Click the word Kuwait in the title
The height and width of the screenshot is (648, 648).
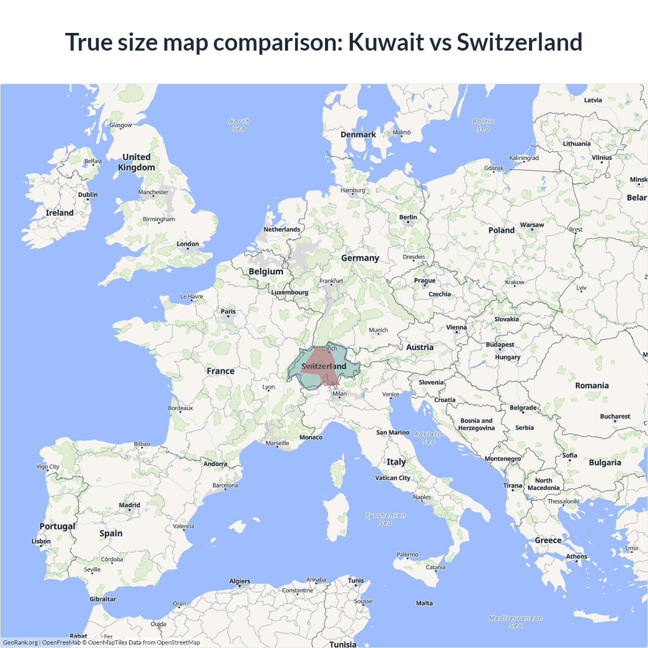(386, 42)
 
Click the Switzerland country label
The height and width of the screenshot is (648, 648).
(324, 366)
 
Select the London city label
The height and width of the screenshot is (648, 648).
(188, 244)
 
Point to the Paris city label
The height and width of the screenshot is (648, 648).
(228, 311)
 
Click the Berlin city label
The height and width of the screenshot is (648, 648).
(408, 217)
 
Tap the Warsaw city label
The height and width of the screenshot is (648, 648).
(532, 225)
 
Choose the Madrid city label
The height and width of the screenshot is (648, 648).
(130, 505)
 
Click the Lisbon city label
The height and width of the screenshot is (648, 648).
(41, 541)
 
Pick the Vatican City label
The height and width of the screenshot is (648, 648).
(393, 478)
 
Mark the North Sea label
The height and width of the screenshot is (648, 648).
(239, 125)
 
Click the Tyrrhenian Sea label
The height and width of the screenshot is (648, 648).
(386, 519)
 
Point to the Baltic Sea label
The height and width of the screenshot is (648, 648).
(483, 125)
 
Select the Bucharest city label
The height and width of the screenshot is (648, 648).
(615, 416)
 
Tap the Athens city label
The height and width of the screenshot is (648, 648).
(577, 556)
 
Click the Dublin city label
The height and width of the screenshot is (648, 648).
(88, 195)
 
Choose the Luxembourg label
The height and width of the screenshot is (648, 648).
(290, 292)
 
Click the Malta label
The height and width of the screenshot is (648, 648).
(424, 603)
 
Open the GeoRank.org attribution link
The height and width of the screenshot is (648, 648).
(20, 642)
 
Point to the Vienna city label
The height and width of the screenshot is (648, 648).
(457, 328)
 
